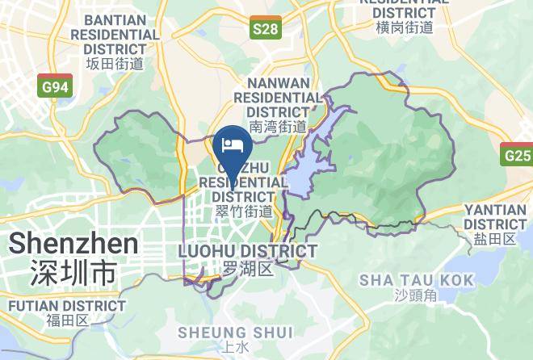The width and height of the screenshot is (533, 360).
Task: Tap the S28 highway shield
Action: point(265,30)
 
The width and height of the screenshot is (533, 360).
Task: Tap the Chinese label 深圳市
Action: point(73,272)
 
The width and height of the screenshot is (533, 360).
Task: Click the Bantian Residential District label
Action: point(115,35)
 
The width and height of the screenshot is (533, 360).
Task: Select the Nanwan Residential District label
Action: point(278,97)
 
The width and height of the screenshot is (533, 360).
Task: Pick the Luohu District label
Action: point(247,251)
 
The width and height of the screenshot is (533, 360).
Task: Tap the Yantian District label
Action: point(495,216)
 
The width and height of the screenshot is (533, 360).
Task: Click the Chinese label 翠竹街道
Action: point(243,211)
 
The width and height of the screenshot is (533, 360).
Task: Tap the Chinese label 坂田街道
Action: point(115,63)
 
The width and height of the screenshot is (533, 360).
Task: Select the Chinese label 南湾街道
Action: point(278,126)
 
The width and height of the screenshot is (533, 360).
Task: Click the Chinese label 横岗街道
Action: point(404,27)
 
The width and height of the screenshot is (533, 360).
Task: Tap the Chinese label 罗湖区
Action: point(247,269)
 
